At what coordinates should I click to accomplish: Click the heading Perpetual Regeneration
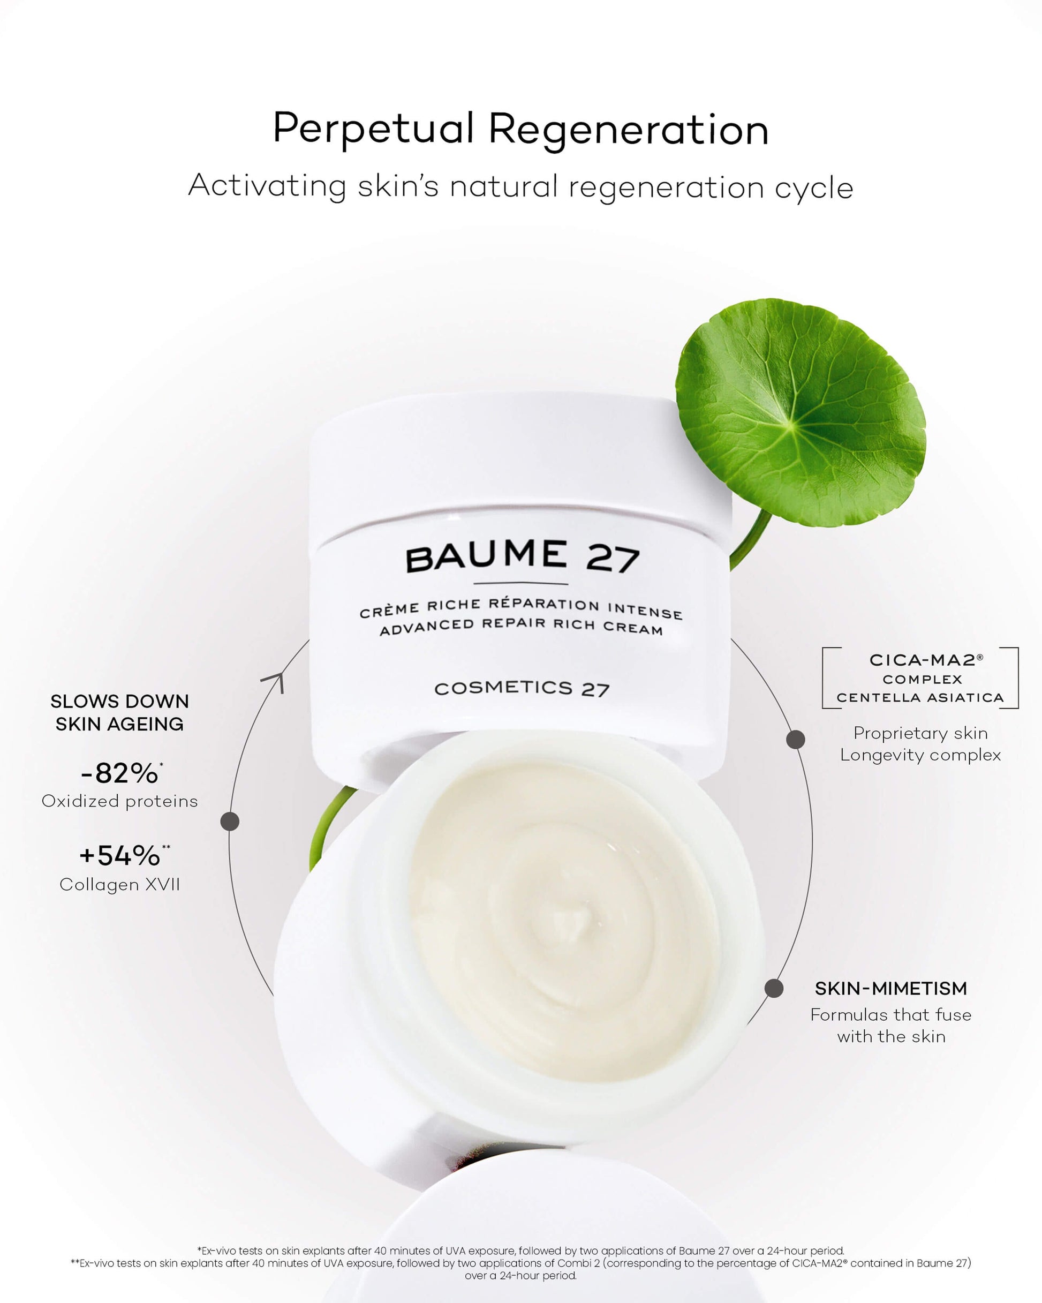coord(520,129)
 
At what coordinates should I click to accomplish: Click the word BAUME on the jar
coord(487,556)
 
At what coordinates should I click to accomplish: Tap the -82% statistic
coord(120,773)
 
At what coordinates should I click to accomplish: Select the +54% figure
coord(123,856)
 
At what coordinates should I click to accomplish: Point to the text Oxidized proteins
coord(119,801)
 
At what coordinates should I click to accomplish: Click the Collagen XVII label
coord(119,885)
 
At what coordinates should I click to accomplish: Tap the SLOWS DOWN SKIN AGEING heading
coord(119,712)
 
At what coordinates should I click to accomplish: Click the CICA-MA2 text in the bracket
coord(926,660)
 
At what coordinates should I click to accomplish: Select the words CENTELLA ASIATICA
coord(920,697)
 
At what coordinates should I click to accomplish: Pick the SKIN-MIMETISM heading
coord(891,989)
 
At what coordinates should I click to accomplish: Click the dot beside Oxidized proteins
coord(230,822)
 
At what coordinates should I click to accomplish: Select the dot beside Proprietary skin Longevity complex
coord(795,739)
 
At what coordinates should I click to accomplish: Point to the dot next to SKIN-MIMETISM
coord(774,989)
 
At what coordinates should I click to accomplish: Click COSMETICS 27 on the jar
coord(522,688)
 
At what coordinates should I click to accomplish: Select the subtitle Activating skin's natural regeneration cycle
coord(520,186)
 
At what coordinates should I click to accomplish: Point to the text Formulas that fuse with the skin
coord(891,1026)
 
